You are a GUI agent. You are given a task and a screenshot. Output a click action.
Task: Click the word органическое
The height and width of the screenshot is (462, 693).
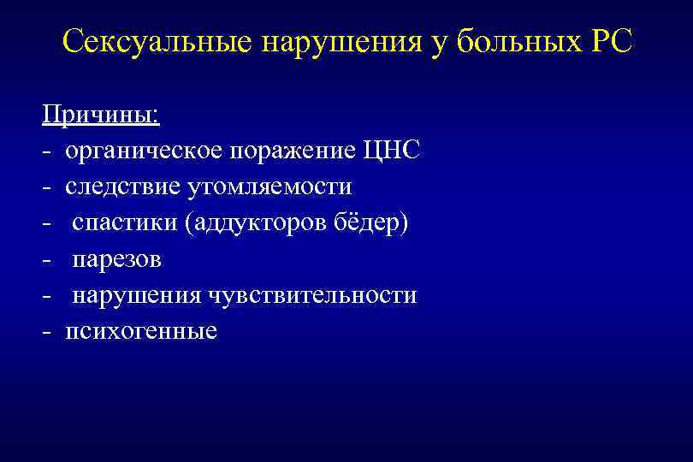(x=143, y=151)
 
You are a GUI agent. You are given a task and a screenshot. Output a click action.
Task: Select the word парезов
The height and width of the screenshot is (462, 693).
(x=116, y=259)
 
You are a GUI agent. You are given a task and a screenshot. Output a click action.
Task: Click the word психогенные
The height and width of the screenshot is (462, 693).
(x=141, y=331)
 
